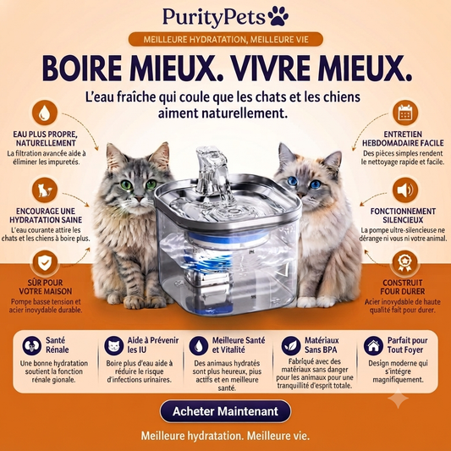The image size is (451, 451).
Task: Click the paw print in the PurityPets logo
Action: (x=278, y=16)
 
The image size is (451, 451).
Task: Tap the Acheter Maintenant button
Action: (x=225, y=411)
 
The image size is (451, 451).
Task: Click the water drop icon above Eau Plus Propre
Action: (x=45, y=113)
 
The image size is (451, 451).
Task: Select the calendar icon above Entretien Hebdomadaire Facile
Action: (x=405, y=113)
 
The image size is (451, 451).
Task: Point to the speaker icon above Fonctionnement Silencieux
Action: (x=405, y=190)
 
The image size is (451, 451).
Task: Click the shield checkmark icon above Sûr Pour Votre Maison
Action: (x=45, y=262)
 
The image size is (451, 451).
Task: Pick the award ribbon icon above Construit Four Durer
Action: (x=404, y=262)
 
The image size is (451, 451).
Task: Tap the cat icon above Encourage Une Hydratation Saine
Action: (x=45, y=190)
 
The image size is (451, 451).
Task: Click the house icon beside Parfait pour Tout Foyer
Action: (x=373, y=345)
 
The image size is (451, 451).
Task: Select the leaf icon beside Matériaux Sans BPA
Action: (x=291, y=345)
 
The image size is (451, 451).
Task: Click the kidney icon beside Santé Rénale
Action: (x=32, y=345)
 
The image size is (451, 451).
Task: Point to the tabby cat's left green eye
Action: (x=127, y=184)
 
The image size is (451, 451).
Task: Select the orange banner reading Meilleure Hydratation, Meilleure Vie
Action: (x=226, y=39)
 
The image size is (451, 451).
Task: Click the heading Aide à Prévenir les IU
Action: (x=153, y=345)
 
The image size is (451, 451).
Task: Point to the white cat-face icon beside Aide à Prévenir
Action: (x=114, y=345)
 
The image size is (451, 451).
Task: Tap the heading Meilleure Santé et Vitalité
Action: (x=239, y=345)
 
